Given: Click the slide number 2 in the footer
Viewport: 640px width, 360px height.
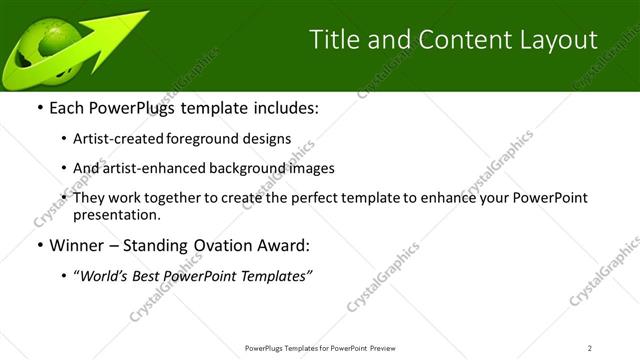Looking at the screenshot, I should (590, 347).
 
